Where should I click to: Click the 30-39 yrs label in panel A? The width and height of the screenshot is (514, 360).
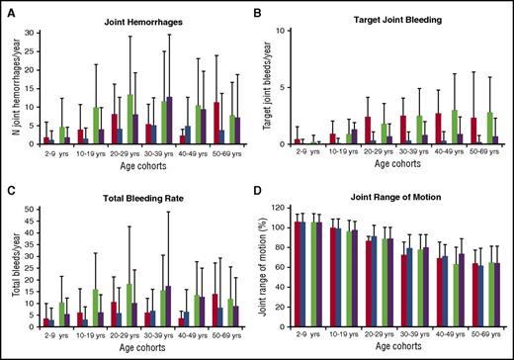coord(163,153)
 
